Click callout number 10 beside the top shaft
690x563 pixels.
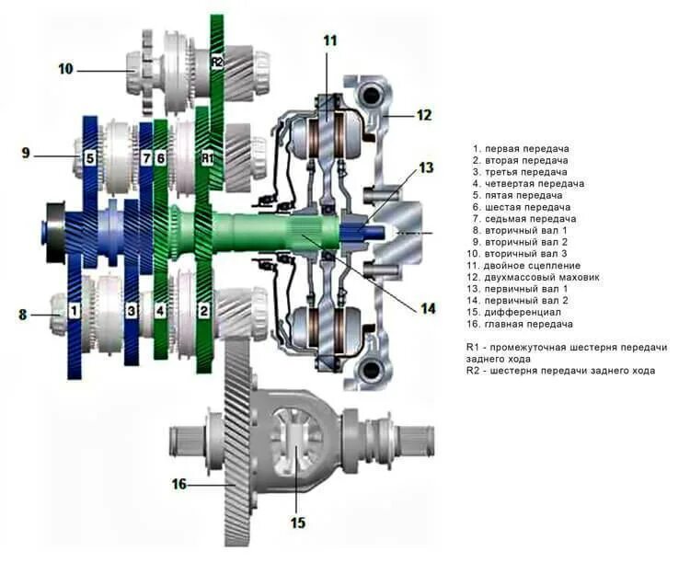pyautogui.click(x=64, y=68)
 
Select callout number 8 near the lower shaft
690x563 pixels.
pyautogui.click(x=23, y=315)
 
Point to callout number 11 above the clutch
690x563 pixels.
pyautogui.click(x=330, y=40)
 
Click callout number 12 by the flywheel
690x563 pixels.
pyautogui.click(x=423, y=115)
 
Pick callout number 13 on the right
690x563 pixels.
pyautogui.click(x=426, y=167)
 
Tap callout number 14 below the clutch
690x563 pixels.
pyautogui.click(x=427, y=309)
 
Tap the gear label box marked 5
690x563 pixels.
pyautogui.click(x=90, y=158)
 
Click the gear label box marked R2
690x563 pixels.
pyautogui.click(x=217, y=62)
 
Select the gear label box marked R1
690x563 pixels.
pyautogui.click(x=207, y=158)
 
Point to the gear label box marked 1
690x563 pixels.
pyautogui.click(x=74, y=311)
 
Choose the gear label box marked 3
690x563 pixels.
pyautogui.click(x=132, y=311)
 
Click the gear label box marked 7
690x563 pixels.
pyautogui.click(x=145, y=158)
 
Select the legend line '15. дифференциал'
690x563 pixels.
pyautogui.click(x=516, y=313)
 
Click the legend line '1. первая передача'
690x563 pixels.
pyautogui.click(x=521, y=148)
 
